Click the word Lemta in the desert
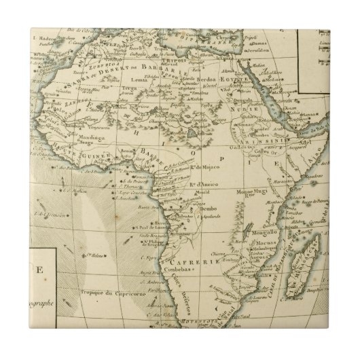(142, 82)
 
